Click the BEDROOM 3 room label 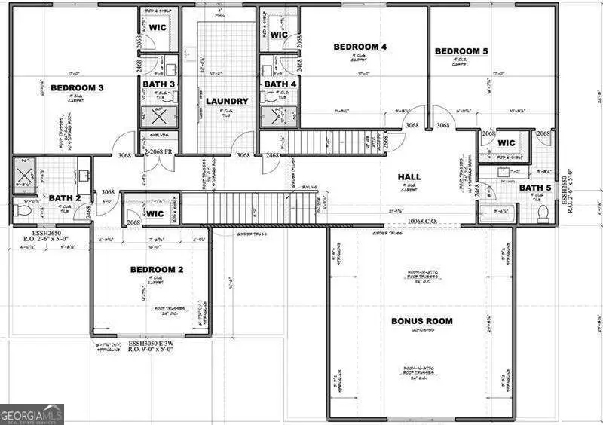pyautogui.click(x=77, y=88)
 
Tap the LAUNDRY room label pyautogui.click(x=227, y=101)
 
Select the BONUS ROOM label pyautogui.click(x=422, y=321)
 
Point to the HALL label pyautogui.click(x=409, y=177)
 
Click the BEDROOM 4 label pyautogui.click(x=360, y=47)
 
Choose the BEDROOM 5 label pyautogui.click(x=461, y=51)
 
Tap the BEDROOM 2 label pyautogui.click(x=157, y=269)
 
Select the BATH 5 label pyautogui.click(x=535, y=188)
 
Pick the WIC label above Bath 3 pyautogui.click(x=158, y=27)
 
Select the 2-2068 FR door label pyautogui.click(x=158, y=151)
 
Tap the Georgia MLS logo pyautogui.click(x=32, y=414)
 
